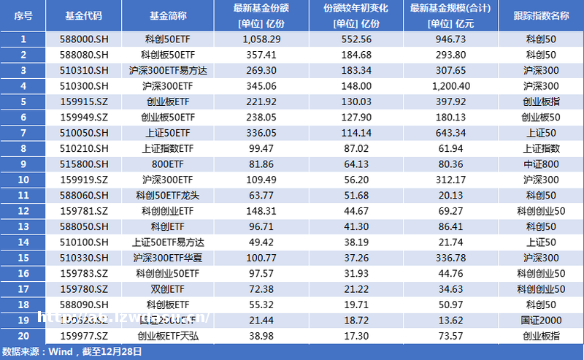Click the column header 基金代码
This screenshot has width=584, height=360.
point(83,16)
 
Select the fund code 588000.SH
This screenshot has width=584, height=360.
point(84,39)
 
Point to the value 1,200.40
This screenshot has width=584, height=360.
point(448,85)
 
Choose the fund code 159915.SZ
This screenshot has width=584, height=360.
point(84,101)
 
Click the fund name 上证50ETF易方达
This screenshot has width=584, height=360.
point(168,242)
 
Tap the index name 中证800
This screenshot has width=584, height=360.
point(541,164)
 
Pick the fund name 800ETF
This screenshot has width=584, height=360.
point(168,164)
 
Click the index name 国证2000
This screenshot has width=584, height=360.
point(541,320)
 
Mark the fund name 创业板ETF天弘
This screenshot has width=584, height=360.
point(168,336)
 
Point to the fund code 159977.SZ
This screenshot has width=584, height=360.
point(84,336)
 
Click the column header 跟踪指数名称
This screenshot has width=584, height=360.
point(541,16)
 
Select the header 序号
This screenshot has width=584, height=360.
point(23,16)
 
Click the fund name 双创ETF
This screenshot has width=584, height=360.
point(168,288)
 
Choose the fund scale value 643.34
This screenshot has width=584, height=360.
point(448,132)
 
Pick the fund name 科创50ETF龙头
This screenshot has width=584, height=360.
point(168,195)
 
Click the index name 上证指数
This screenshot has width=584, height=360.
point(541,148)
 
